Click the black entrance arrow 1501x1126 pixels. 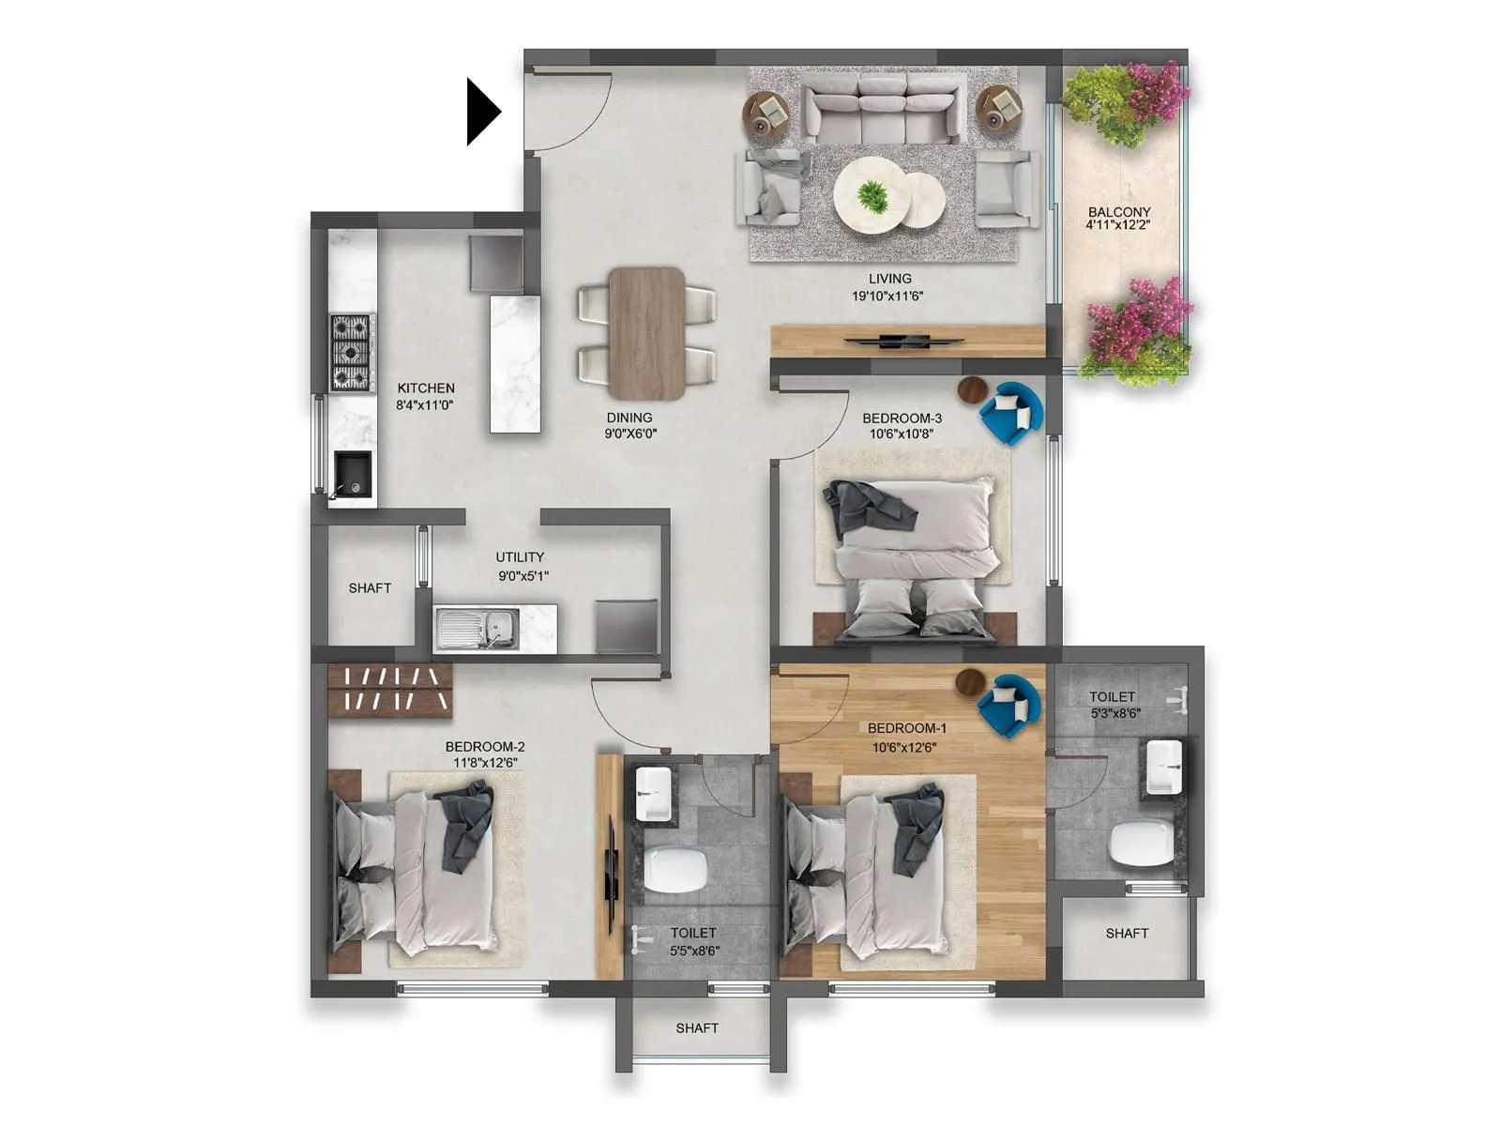tap(482, 112)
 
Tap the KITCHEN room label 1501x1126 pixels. tap(426, 388)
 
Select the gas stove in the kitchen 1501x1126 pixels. tap(352, 352)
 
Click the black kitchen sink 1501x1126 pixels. tap(354, 475)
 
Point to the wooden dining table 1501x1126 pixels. tap(646, 333)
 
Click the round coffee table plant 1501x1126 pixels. tap(872, 196)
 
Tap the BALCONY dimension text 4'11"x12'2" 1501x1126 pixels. tap(1118, 225)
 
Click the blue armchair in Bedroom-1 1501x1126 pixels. tap(1008, 705)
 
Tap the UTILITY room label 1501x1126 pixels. tap(520, 556)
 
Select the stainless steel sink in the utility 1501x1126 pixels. tap(478, 628)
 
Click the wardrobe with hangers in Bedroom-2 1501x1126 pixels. tap(389, 690)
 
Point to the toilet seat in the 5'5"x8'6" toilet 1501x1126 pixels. tap(675, 870)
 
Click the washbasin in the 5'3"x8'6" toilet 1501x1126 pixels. tap(1163, 766)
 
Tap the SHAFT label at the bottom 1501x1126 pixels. tap(697, 1028)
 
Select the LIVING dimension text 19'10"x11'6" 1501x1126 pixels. tap(887, 296)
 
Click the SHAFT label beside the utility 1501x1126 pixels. tap(370, 588)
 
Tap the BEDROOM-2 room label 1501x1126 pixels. tap(485, 747)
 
